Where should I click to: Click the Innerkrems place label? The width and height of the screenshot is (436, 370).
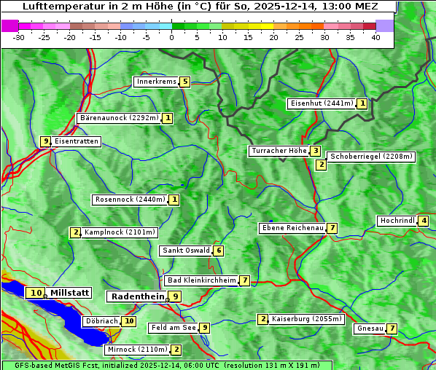155,82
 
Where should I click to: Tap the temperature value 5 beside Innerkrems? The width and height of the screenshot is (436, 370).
185,82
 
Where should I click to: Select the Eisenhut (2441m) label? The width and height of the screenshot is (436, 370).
322,103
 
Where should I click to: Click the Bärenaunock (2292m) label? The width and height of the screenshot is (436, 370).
119,117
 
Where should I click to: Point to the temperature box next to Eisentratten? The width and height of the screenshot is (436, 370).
45,141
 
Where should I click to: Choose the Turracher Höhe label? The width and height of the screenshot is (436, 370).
279,151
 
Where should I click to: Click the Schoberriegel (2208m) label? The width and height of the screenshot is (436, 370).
371,157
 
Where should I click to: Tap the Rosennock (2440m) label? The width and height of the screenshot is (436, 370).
130,199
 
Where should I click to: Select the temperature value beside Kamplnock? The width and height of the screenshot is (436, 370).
75,232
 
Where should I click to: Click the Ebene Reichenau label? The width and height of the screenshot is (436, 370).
292,228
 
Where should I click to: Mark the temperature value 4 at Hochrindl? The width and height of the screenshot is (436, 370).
424,221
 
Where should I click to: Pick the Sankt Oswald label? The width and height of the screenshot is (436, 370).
186,251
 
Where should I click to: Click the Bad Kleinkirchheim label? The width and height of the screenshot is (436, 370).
202,280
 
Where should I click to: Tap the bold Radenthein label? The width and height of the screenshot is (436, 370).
138,296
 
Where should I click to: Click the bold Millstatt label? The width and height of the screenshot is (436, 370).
70,293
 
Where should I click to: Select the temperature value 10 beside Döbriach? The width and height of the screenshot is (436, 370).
129,320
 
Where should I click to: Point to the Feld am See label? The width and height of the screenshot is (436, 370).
174,328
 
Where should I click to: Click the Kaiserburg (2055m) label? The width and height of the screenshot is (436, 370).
306,319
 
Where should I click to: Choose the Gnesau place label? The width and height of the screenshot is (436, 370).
370,328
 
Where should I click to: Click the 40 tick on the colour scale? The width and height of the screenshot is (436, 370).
375,37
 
